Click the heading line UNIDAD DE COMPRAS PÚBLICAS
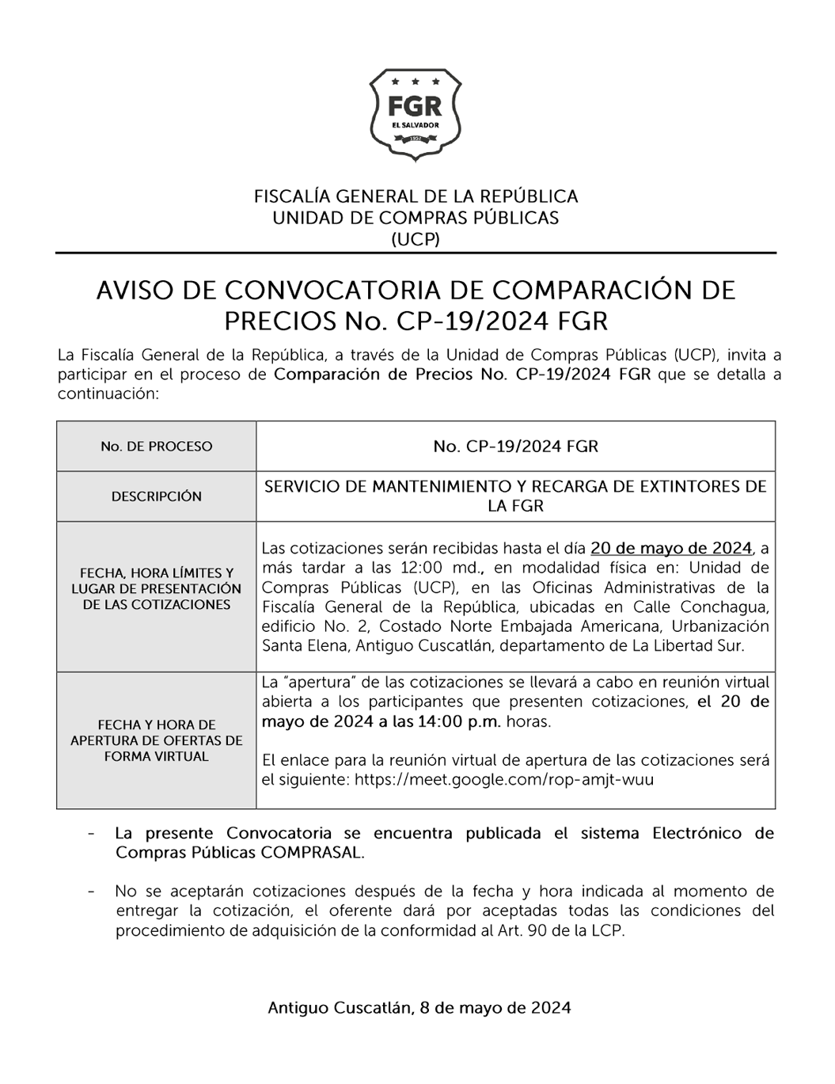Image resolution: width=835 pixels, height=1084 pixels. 416,218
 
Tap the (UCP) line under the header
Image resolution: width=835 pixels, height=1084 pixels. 416,239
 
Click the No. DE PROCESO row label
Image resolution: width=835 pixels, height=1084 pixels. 156,447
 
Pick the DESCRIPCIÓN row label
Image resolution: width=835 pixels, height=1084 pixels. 156,496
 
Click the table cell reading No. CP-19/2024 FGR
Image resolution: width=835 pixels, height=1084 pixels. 515,447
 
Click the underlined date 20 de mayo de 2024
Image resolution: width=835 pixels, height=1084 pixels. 670,548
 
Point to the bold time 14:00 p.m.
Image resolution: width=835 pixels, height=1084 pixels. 465,721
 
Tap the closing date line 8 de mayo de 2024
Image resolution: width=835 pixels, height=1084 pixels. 495,1008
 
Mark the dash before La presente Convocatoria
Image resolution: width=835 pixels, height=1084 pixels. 93,834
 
